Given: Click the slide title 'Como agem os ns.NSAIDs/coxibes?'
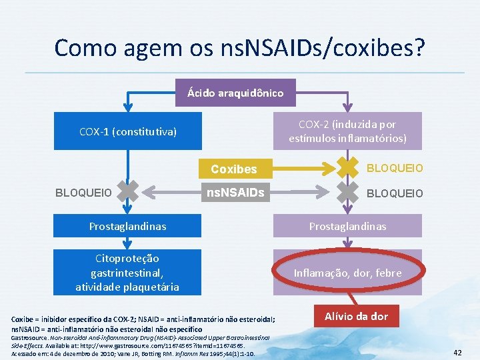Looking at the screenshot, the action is pyautogui.click(x=239, y=48).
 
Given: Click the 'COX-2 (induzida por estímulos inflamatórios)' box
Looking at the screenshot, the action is pyautogui.click(x=347, y=131).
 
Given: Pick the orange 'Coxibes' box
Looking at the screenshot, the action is pyautogui.click(x=233, y=169).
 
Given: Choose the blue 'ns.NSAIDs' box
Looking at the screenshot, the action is pyautogui.click(x=233, y=193).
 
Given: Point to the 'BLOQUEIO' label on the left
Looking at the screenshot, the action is pyautogui.click(x=83, y=193).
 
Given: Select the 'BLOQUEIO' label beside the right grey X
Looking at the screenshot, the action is pyautogui.click(x=396, y=193).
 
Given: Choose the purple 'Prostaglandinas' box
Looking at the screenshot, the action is pyautogui.click(x=347, y=226).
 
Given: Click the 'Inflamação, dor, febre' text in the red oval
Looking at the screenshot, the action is pyautogui.click(x=347, y=273).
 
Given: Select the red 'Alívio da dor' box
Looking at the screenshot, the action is pyautogui.click(x=356, y=316).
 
